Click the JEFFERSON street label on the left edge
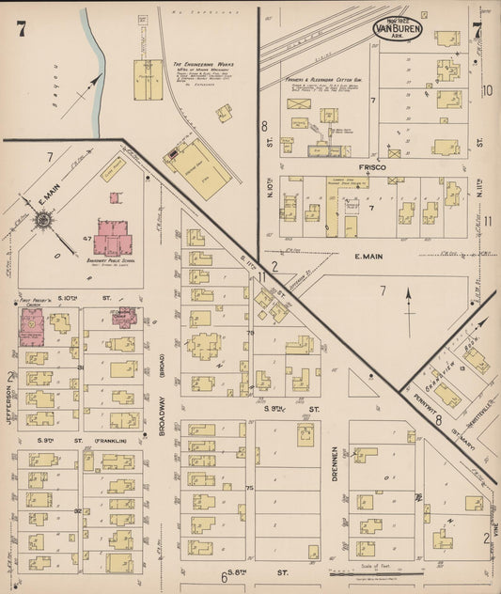(11, 408)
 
